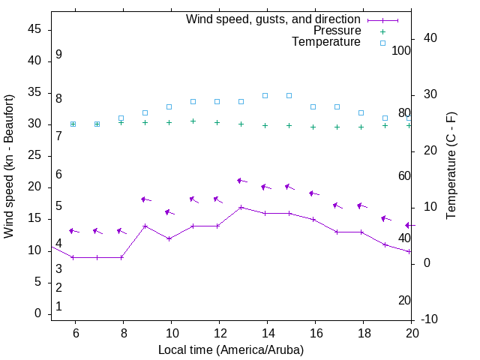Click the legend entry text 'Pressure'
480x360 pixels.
(337, 31)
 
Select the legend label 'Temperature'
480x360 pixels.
(326, 42)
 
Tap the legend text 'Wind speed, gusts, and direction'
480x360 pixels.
(273, 19)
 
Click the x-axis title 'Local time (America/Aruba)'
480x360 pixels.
(231, 349)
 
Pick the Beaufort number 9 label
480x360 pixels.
(58, 55)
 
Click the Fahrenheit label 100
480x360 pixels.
(401, 50)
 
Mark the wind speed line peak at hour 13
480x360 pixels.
(241, 207)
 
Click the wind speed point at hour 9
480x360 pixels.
(145, 226)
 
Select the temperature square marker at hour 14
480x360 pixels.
(265, 95)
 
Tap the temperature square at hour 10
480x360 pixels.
(169, 106)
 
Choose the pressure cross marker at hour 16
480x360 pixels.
(313, 127)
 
